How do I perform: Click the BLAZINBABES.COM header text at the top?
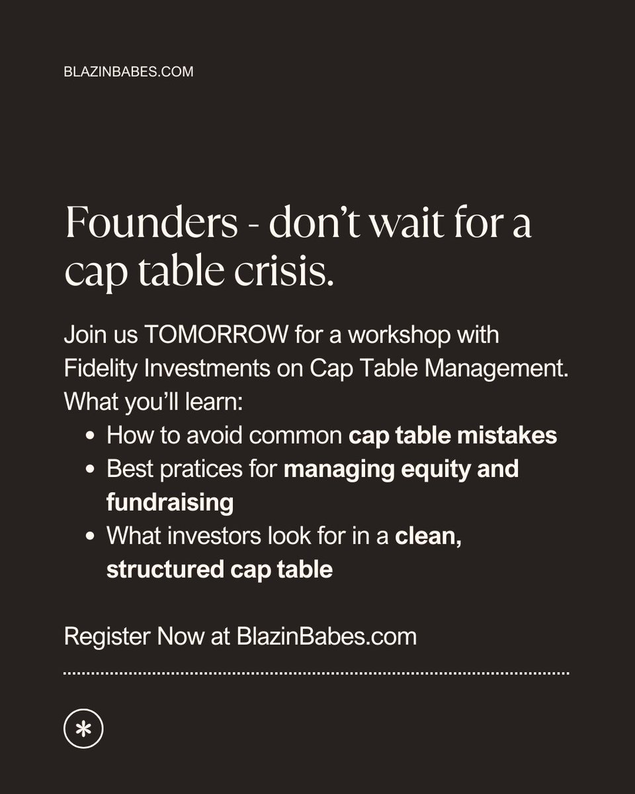click(128, 71)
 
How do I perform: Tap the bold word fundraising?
click(170, 503)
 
